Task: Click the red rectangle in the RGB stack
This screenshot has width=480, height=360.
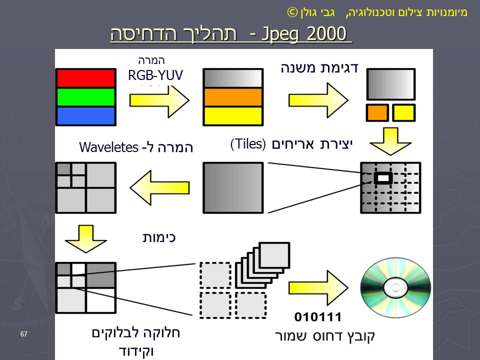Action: click(85, 78)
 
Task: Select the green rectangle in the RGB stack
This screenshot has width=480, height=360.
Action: click(85, 97)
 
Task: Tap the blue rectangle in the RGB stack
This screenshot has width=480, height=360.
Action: click(85, 116)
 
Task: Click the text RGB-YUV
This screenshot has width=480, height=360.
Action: click(155, 75)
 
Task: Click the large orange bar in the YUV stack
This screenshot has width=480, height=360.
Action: click(232, 97)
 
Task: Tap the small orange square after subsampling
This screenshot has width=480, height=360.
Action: click(377, 112)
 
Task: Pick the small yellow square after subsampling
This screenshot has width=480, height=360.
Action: click(403, 112)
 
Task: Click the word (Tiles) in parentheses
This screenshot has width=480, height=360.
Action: click(247, 144)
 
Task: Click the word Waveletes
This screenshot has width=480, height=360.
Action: click(108, 147)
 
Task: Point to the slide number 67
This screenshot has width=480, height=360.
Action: click(24, 333)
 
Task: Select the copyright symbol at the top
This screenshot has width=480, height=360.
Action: click(291, 11)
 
